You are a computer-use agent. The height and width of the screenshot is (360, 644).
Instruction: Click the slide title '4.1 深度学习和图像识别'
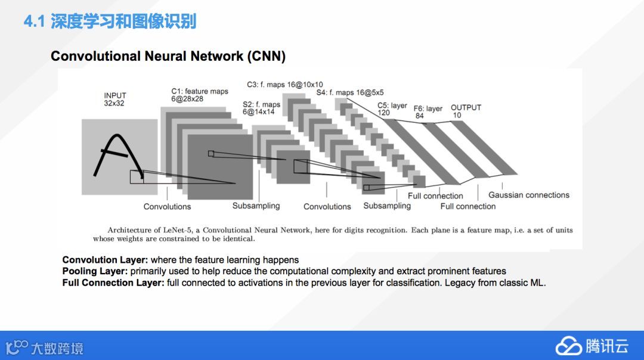110,23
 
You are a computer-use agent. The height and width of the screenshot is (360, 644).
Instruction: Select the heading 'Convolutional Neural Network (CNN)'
168,57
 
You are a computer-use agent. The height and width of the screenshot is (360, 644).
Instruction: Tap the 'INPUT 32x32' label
115,100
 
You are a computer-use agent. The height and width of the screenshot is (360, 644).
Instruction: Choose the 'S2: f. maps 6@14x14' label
261,108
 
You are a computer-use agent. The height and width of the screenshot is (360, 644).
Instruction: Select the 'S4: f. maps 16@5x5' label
350,92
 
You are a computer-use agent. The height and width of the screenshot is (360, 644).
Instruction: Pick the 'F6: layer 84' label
428,112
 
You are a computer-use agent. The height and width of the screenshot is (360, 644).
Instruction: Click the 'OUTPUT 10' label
465,111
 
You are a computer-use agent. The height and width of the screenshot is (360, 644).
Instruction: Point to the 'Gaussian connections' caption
528,195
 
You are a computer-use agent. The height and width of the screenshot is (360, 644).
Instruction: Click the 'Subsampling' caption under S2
256,206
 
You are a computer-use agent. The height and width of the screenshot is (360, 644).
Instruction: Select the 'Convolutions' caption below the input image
167,207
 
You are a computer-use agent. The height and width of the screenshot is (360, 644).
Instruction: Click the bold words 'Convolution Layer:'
105,260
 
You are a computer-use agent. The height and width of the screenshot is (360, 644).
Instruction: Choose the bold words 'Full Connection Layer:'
113,283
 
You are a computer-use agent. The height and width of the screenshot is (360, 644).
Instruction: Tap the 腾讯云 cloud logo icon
568,346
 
